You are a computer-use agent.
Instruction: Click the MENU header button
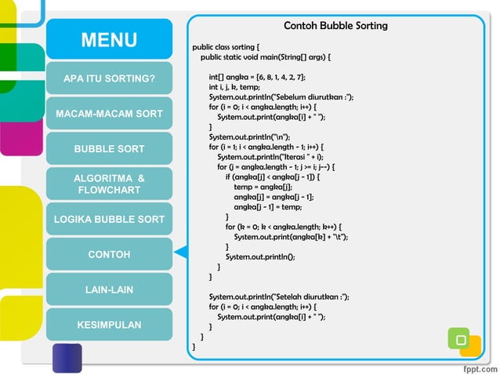pyautogui.click(x=109, y=40)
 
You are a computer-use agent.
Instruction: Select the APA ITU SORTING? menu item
pyautogui.click(x=109, y=79)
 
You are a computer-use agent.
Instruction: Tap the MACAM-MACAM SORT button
pyautogui.click(x=109, y=114)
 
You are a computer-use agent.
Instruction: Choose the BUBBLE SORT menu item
pyautogui.click(x=109, y=149)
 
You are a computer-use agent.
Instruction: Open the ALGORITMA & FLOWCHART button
pyautogui.click(x=109, y=184)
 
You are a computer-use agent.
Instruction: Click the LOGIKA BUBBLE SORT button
pyautogui.click(x=109, y=219)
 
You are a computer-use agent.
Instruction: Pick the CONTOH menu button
pyautogui.click(x=109, y=254)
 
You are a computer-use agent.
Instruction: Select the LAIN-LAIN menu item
pyautogui.click(x=109, y=289)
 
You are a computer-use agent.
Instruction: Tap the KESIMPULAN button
pyautogui.click(x=109, y=324)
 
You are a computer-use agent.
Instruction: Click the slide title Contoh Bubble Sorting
pyautogui.click(x=335, y=26)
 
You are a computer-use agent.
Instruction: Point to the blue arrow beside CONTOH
pyautogui.click(x=180, y=252)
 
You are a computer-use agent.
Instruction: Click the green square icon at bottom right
pyautogui.click(x=459, y=339)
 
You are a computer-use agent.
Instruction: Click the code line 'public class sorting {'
pyautogui.click(x=231, y=47)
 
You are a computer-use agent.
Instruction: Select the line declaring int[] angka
pyautogui.click(x=257, y=77)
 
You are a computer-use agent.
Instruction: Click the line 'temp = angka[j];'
pyautogui.click(x=263, y=187)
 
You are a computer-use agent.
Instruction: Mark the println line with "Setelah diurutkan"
pyautogui.click(x=279, y=297)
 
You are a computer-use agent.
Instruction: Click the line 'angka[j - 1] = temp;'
pyautogui.click(x=268, y=207)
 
